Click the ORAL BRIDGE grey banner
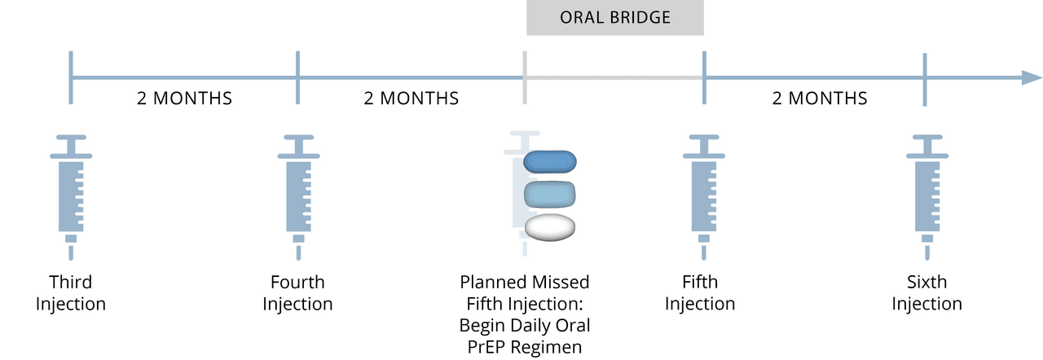pos(615,18)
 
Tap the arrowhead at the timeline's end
pos(1032,78)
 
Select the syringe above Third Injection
pos(71,192)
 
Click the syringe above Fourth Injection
pos(298,192)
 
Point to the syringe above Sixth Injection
pos(925,192)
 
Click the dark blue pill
pos(550,161)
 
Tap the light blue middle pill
pos(550,194)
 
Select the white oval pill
pos(550,227)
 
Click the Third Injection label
pos(71,293)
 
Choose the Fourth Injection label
pos(298,293)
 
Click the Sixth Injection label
pos(926,293)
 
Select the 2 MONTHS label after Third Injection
pos(184,99)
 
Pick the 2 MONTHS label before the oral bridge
pos(411,99)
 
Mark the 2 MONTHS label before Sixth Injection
pos(820,99)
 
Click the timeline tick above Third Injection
pos(72,78)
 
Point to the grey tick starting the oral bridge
pos(525,78)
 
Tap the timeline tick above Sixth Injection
pos(925,78)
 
